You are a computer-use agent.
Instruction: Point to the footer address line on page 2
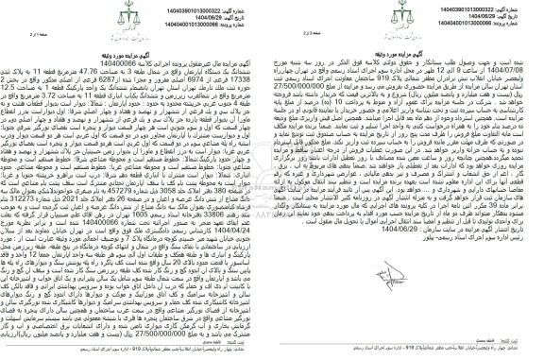169,333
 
